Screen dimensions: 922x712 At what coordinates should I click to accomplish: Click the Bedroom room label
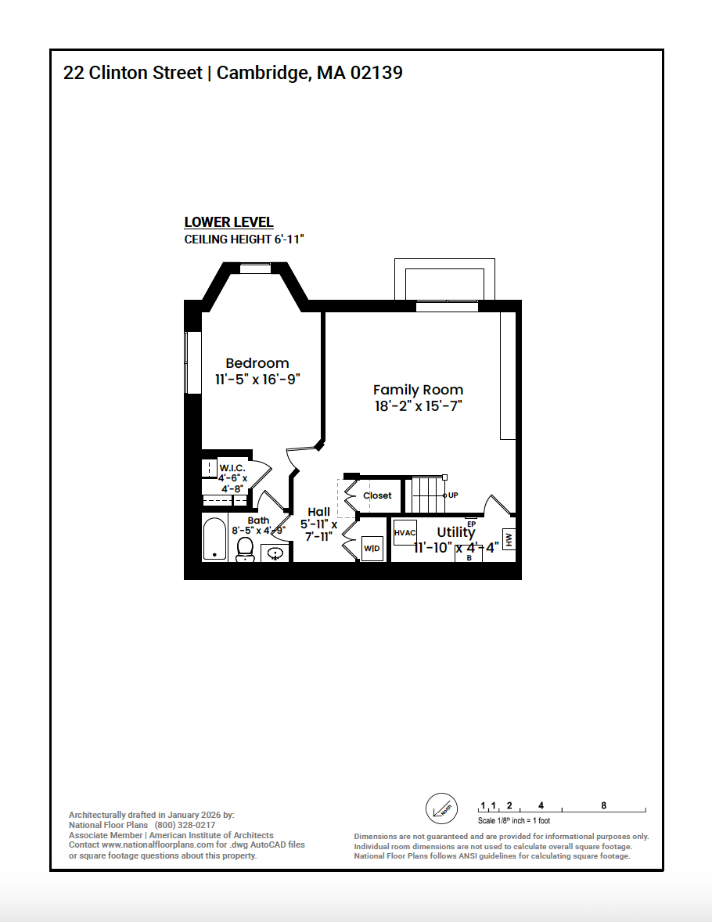point(257,363)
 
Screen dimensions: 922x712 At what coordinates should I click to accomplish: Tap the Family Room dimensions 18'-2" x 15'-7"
point(418,406)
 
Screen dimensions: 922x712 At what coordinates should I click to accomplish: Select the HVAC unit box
point(405,532)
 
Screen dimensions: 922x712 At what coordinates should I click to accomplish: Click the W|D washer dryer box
point(372,548)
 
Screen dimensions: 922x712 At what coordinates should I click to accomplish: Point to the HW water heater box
point(509,538)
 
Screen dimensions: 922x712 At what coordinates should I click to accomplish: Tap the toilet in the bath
point(245,549)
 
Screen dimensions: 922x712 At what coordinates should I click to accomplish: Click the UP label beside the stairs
point(453,495)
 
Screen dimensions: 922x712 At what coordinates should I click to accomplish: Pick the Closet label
point(377,495)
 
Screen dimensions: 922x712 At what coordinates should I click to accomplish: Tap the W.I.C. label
point(232,468)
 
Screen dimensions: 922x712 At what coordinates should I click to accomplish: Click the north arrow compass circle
point(441,809)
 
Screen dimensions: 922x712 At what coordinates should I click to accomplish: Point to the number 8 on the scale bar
point(603,805)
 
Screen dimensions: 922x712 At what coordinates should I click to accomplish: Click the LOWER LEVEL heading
point(228,222)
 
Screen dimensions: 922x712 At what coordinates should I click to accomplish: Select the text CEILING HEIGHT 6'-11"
point(243,240)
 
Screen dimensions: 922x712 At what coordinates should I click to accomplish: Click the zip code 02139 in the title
point(376,73)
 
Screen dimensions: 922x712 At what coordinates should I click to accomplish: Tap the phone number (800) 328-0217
point(185,825)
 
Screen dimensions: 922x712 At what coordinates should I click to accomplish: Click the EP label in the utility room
point(471,524)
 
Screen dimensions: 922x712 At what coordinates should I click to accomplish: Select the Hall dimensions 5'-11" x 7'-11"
point(318,530)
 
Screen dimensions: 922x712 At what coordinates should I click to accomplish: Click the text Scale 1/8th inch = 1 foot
point(513,821)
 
